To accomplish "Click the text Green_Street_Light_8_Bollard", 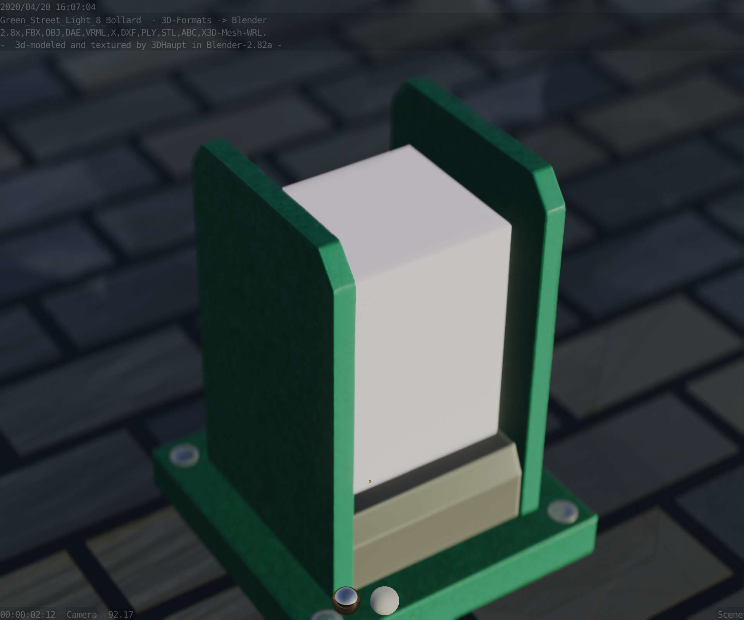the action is (x=71, y=20).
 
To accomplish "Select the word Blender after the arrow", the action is (x=249, y=20).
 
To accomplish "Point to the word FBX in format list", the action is (x=33, y=33).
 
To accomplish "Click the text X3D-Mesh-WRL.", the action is (x=234, y=33).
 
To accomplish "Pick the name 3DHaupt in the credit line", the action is (x=169, y=45).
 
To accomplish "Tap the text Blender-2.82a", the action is (x=239, y=45).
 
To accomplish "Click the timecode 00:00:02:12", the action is (x=28, y=615).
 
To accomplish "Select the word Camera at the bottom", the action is (x=82, y=615).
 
